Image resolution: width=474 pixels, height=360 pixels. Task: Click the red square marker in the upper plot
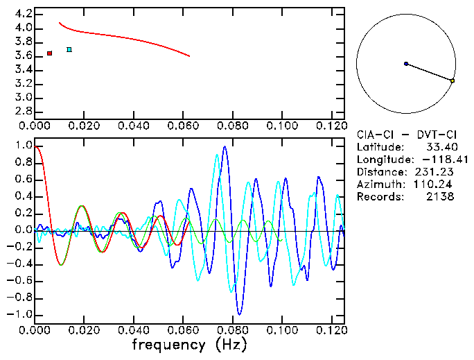[50, 53]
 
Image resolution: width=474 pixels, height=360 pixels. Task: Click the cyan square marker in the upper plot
[69, 49]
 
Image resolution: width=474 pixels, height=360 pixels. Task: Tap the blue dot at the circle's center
[406, 64]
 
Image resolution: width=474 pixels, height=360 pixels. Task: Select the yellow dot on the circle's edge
[453, 81]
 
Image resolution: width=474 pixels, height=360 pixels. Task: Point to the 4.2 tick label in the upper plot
[22, 14]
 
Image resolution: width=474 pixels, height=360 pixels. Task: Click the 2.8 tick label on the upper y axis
[22, 111]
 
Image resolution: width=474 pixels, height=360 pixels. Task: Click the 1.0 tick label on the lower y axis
[22, 146]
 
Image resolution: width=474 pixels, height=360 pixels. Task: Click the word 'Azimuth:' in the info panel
[378, 185]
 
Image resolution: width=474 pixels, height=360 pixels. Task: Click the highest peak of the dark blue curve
[225, 147]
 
